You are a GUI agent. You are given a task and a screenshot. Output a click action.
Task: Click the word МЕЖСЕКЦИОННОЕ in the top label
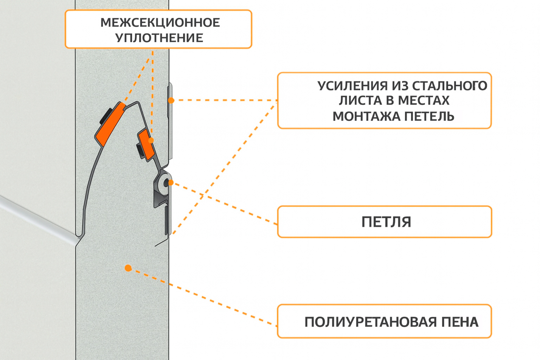click(x=160, y=23)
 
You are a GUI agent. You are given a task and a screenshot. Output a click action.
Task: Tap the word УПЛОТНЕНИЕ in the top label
click(x=159, y=38)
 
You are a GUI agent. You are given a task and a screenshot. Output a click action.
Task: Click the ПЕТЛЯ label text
click(x=386, y=222)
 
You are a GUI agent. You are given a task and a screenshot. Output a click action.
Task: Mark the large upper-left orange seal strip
click(x=109, y=124)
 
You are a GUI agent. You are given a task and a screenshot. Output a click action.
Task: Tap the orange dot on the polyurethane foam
click(x=128, y=268)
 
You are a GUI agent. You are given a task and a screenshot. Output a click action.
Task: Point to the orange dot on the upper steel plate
click(x=171, y=101)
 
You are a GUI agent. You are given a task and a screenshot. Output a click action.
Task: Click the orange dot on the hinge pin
click(x=171, y=183)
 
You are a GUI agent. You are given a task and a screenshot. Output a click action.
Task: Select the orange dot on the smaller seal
click(x=151, y=140)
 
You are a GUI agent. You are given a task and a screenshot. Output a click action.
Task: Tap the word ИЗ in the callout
click(x=400, y=86)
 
